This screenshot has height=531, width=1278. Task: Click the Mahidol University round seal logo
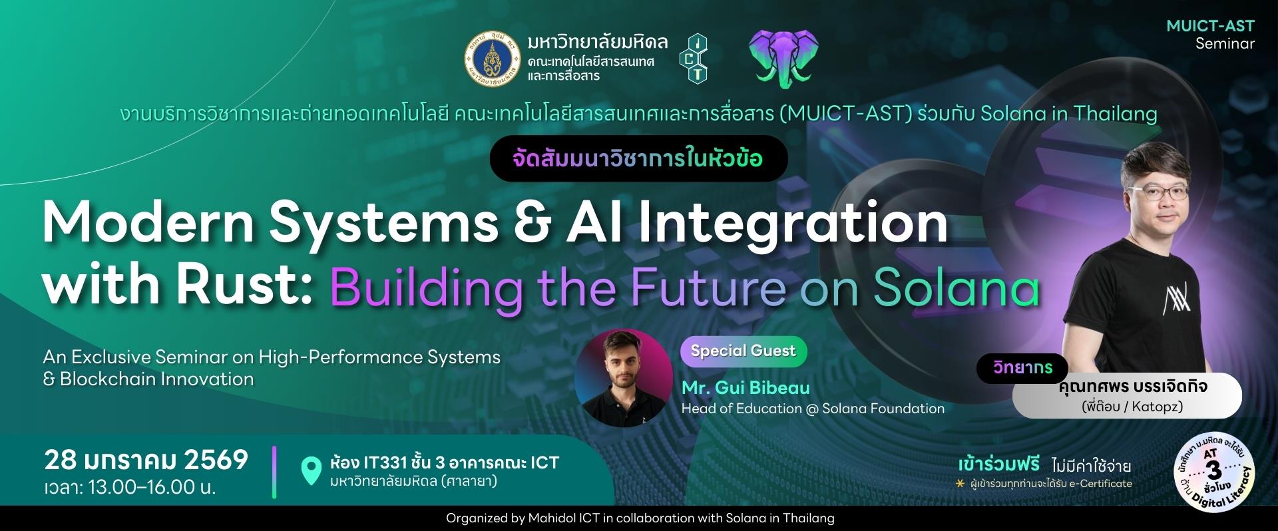pyautogui.click(x=491, y=60)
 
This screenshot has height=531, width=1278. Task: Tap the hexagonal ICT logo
pyautogui.click(x=693, y=58)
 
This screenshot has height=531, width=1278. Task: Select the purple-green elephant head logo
pyautogui.click(x=783, y=58)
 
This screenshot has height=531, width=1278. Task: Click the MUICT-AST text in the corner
pyautogui.click(x=1211, y=26)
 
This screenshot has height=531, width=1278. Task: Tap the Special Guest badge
pyautogui.click(x=743, y=351)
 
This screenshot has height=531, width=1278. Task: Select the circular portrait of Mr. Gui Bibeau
pyautogui.click(x=623, y=377)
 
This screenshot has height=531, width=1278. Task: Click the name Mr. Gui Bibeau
pyautogui.click(x=745, y=387)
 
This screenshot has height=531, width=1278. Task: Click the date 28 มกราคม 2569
pyautogui.click(x=146, y=460)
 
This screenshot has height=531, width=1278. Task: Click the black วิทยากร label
pyautogui.click(x=1022, y=367)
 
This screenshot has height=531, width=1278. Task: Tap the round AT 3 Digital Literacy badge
pyautogui.click(x=1213, y=474)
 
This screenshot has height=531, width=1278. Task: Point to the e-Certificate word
pyautogui.click(x=1101, y=484)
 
